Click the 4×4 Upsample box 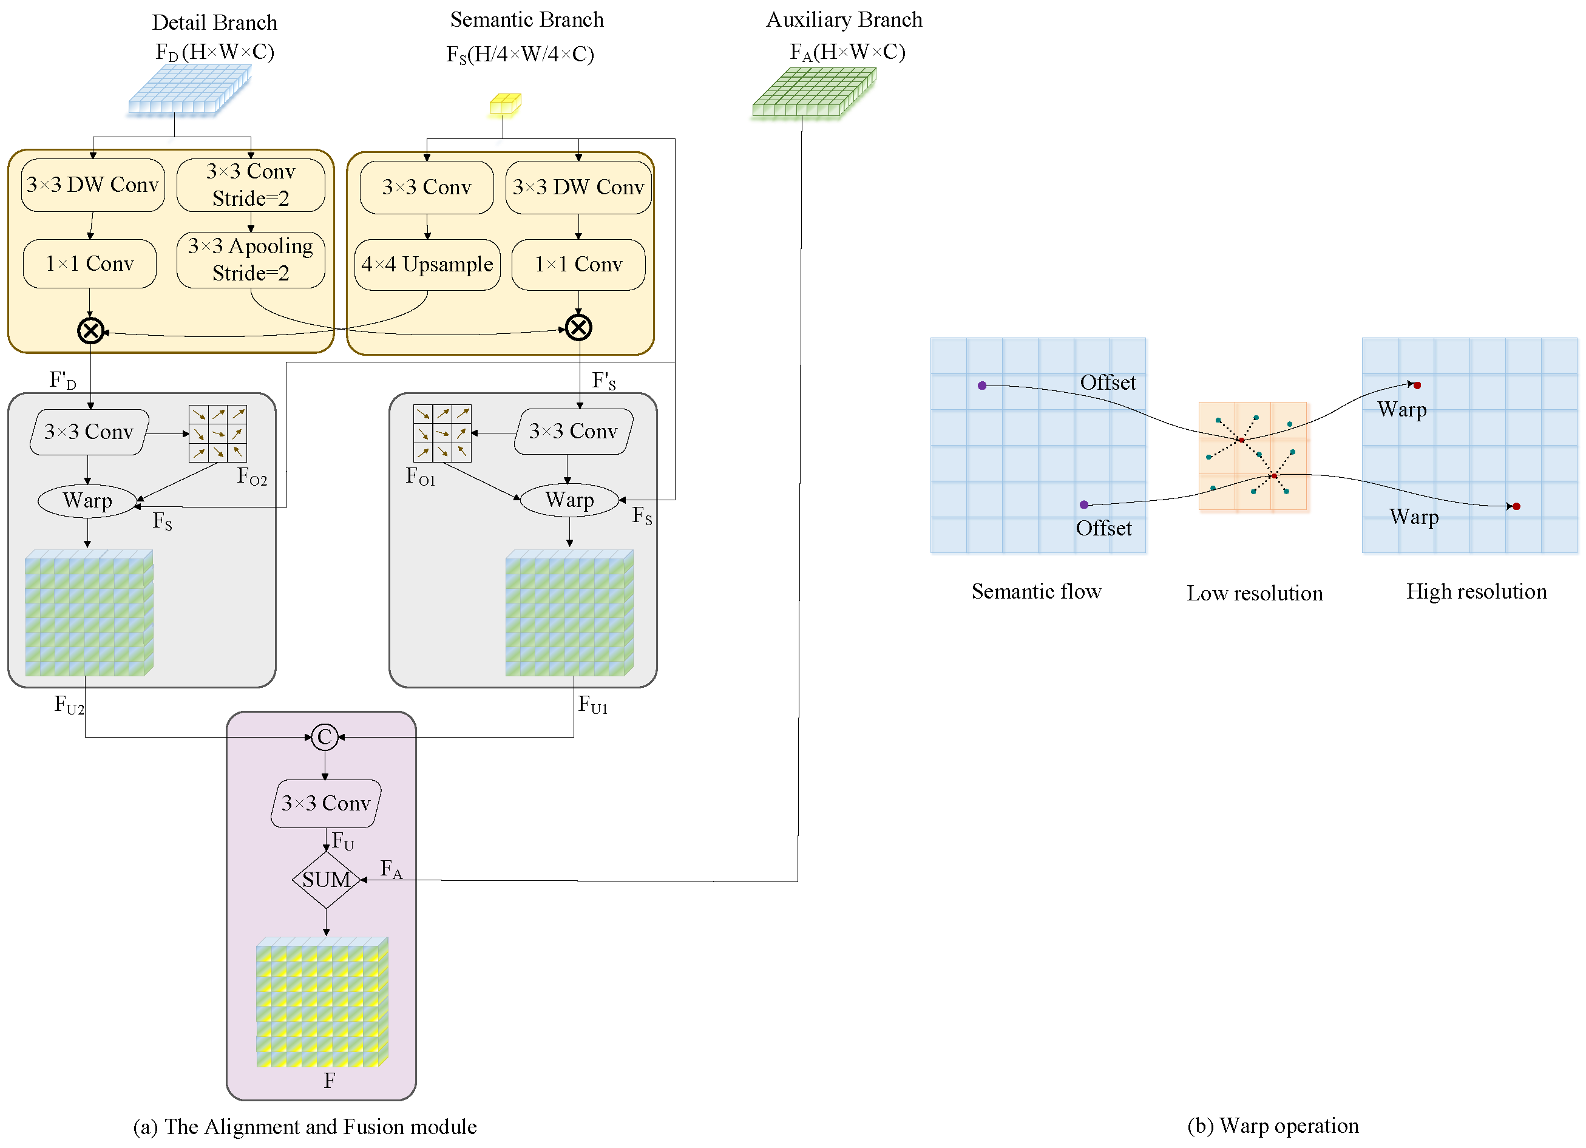coord(427,265)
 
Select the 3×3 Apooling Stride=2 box coord(250,260)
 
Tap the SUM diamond coord(327,879)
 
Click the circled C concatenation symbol coord(325,736)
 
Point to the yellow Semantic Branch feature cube coord(505,104)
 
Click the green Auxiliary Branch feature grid coord(814,92)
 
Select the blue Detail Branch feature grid coord(189,90)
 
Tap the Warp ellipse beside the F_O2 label coord(87,501)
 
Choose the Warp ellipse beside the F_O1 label coord(570,500)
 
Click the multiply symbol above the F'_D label coord(91,330)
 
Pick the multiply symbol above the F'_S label coord(578,327)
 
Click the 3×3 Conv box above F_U coord(326,803)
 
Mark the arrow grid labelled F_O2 coord(217,433)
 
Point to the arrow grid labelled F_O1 coord(442,433)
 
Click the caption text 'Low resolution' coord(1255,593)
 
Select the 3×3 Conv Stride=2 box coord(250,185)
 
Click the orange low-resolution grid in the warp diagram coord(1252,456)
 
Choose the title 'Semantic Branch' coord(527,19)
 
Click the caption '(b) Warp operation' coord(1273,1126)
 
